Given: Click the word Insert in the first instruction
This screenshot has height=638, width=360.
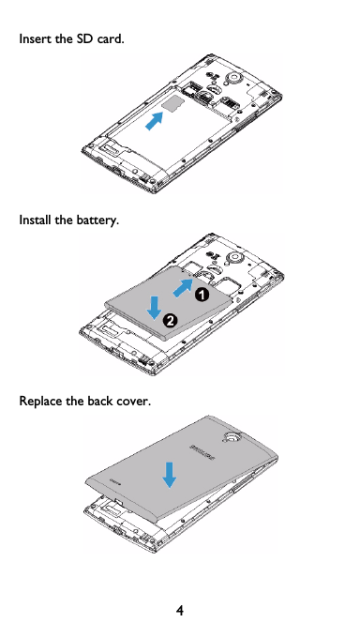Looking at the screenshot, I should point(37,41).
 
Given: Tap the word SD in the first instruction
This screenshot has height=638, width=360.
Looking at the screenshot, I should point(85,41).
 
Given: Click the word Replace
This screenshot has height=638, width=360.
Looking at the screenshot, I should point(41,403).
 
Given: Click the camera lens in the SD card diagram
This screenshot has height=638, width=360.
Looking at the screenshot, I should point(234,74).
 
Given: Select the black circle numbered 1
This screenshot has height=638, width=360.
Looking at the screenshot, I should point(201,294).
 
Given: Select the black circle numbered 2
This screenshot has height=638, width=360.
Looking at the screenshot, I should point(171,321).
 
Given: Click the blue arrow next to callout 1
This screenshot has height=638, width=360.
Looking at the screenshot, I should point(184,284).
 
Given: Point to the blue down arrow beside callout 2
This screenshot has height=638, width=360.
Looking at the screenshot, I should point(155,304).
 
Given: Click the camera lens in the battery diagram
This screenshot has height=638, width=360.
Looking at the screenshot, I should point(234,256).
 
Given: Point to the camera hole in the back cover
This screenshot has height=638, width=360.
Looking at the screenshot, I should point(230,437).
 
